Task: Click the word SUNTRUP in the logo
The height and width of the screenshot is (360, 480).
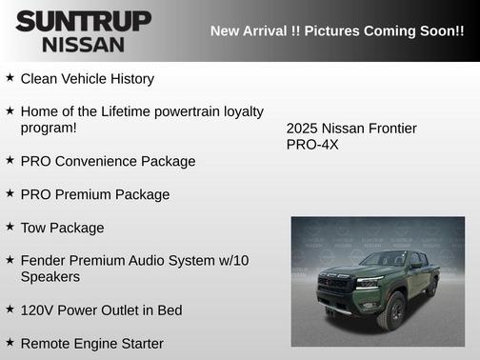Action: pyautogui.click(x=84, y=21)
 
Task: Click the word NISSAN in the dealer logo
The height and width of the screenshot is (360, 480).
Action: pyautogui.click(x=83, y=44)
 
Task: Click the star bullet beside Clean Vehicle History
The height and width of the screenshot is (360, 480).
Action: pyautogui.click(x=10, y=78)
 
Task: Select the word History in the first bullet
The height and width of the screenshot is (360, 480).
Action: pyautogui.click(x=128, y=79)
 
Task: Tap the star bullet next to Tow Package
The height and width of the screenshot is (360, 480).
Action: pyautogui.click(x=10, y=227)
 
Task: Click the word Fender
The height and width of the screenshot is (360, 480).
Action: pyautogui.click(x=45, y=260)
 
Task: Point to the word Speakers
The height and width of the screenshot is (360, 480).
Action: pyautogui.click(x=50, y=276)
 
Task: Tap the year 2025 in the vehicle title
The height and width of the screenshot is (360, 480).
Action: pyautogui.click(x=302, y=129)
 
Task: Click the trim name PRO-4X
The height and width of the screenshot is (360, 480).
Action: pyautogui.click(x=312, y=145)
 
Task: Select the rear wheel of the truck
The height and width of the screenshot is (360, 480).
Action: pyautogui.click(x=432, y=287)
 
